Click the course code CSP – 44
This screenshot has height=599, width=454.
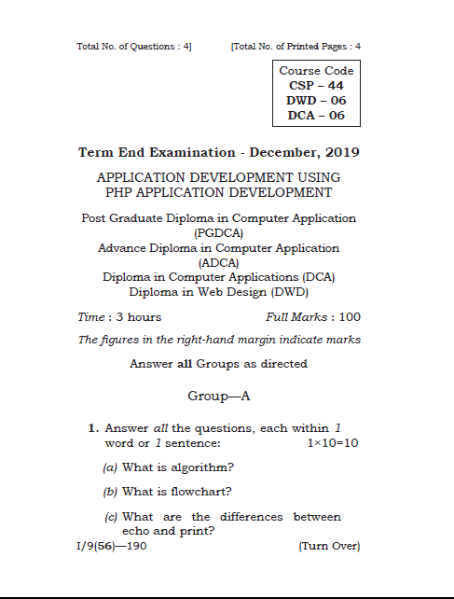(x=316, y=85)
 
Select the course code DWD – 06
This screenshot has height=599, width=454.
(x=316, y=100)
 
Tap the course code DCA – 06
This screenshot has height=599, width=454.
(x=316, y=115)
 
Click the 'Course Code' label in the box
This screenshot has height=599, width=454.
(x=316, y=71)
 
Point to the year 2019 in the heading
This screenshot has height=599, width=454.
(x=340, y=152)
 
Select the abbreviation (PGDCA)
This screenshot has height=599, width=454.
(x=218, y=232)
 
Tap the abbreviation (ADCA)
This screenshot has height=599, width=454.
(x=218, y=262)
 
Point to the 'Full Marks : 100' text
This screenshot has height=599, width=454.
(x=313, y=316)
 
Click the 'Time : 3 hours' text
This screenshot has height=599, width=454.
(x=119, y=316)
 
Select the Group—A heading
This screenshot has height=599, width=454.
(x=219, y=396)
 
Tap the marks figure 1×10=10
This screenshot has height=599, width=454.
(x=333, y=441)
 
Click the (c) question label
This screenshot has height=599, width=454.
(x=110, y=516)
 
